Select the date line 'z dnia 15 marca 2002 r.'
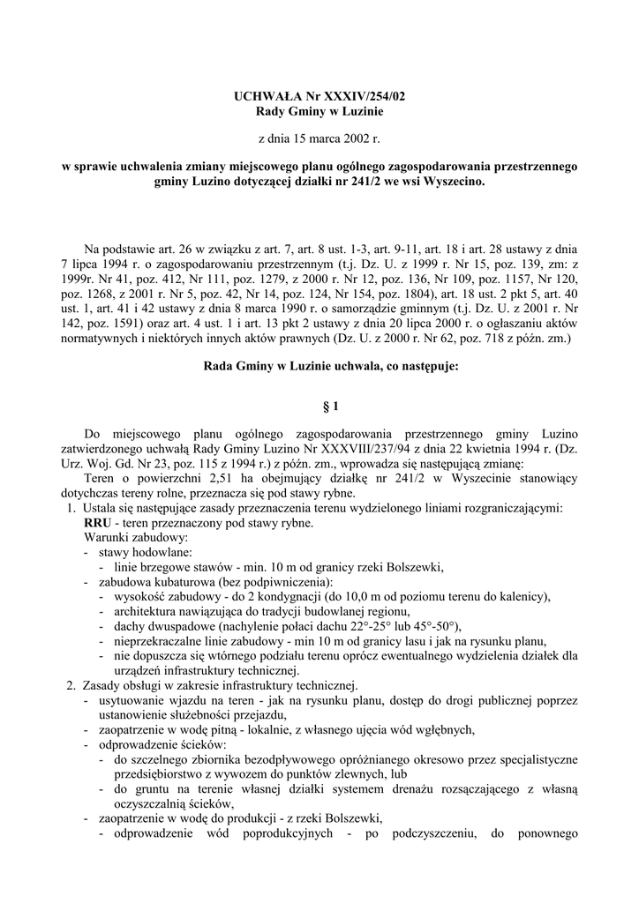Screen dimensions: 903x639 [319, 138]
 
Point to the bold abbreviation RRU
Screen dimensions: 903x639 [98, 522]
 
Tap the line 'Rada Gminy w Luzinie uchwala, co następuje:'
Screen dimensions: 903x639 [319, 362]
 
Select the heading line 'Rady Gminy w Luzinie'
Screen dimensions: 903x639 [319, 112]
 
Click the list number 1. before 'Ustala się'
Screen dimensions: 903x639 [71, 508]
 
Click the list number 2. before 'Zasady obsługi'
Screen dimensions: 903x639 [71, 685]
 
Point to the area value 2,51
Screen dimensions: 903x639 [211, 478]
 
